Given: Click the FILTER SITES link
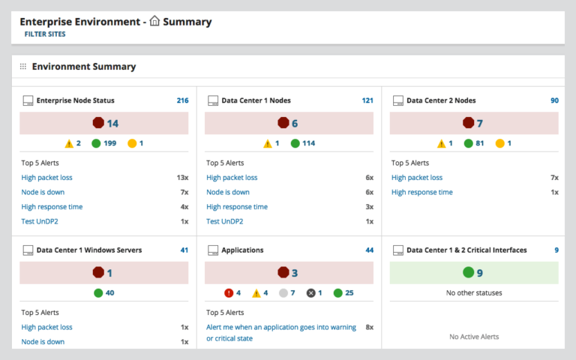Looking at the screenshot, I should (45, 34).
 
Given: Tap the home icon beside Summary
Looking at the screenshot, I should (155, 22).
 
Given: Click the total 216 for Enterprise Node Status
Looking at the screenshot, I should (182, 100).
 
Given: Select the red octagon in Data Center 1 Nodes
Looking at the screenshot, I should (283, 123).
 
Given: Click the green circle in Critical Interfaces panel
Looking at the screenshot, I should (469, 273).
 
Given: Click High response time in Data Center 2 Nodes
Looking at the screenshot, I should (421, 192).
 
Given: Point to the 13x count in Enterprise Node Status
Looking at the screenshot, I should (182, 178).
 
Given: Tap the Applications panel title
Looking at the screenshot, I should (241, 250).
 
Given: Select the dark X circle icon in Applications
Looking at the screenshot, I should (310, 292).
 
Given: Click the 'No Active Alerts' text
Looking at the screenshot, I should (474, 337).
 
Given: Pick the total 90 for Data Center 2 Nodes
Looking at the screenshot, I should (554, 100).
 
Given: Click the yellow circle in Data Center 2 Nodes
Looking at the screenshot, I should (499, 143).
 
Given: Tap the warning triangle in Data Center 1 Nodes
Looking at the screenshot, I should (268, 143).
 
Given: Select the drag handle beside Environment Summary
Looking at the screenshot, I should (23, 67).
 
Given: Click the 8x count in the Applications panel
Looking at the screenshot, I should (369, 327).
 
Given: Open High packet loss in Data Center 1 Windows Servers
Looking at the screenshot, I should (46, 327).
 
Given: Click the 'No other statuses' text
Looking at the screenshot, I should (474, 292).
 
